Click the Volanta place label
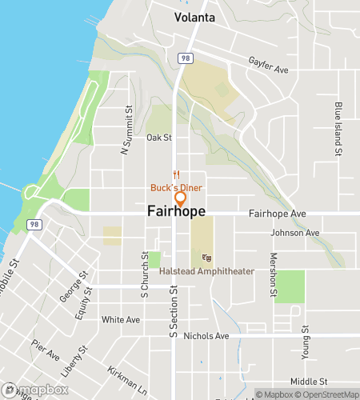pyautogui.click(x=195, y=17)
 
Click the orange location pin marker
pyautogui.click(x=180, y=198)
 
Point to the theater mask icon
pyautogui.click(x=207, y=258)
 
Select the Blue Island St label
pyautogui.click(x=338, y=128)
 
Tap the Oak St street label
pyautogui.click(x=159, y=138)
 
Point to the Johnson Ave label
pyautogui.click(x=295, y=234)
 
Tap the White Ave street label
pyautogui.click(x=121, y=319)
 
